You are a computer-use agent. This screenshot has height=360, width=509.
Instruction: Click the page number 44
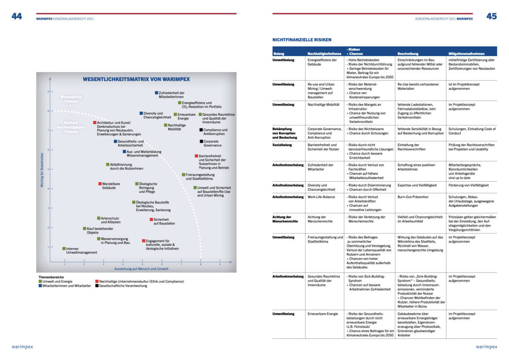pos(17,16)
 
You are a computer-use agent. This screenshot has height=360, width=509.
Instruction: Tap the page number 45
pos(491,16)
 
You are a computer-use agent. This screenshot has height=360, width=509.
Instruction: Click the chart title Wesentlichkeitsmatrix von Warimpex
pos(136,79)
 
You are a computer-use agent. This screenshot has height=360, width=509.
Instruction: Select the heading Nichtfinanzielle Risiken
pos(302,39)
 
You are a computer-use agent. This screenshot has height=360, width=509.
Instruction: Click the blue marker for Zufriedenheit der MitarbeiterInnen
pos(157,93)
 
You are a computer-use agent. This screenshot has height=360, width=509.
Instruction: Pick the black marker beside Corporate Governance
pos(201,141)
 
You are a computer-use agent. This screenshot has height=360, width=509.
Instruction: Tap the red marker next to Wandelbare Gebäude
pos(100,184)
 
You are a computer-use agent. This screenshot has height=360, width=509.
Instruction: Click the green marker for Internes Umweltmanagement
pos(64,249)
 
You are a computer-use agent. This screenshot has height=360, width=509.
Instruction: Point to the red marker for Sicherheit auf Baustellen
pos(151,219)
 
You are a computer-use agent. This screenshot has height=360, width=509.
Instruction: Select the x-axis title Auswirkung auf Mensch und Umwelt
pos(141,269)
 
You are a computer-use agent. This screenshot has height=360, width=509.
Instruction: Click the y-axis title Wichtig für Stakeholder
pos(42,170)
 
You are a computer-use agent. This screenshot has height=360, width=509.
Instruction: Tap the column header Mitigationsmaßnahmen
pos(466,54)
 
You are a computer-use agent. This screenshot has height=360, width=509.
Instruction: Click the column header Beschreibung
pos(408,54)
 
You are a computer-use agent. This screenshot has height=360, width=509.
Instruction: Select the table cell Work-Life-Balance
pos(321,197)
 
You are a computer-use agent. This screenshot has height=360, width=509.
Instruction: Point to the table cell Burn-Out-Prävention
pos(413,197)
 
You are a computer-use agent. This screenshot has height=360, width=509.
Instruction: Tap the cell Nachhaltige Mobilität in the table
pos(323,105)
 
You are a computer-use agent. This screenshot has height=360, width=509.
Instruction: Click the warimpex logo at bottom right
pos(486,347)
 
